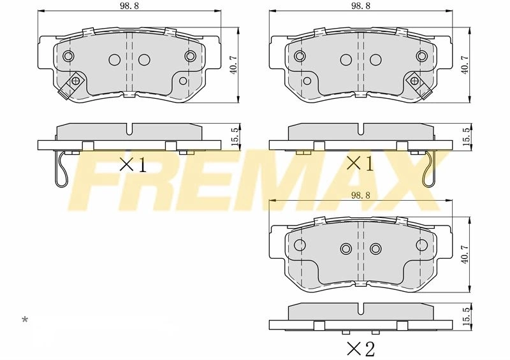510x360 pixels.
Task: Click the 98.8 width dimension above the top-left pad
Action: pyautogui.click(x=129, y=6)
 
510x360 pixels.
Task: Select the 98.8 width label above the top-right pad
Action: pyautogui.click(x=360, y=6)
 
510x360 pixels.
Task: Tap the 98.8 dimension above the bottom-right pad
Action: pyautogui.click(x=360, y=195)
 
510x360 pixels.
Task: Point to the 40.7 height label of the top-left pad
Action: pyautogui.click(x=233, y=65)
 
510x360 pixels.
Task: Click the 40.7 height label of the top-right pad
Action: pyautogui.click(x=465, y=65)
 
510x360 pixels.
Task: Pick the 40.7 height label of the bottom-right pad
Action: pyautogui.click(x=465, y=254)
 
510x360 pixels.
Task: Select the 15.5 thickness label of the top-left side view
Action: pyautogui.click(x=233, y=136)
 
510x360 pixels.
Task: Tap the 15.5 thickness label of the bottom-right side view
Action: pyautogui.click(x=465, y=317)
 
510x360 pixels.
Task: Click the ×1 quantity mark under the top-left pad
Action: pyautogui.click(x=133, y=164)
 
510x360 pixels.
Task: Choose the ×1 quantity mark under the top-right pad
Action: pyautogui.click(x=360, y=163)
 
